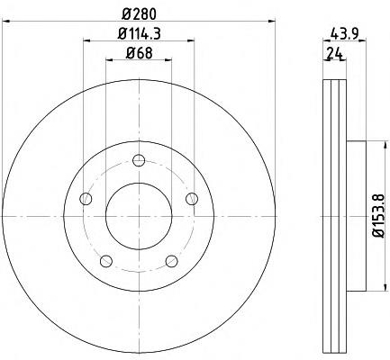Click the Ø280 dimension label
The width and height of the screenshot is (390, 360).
139,13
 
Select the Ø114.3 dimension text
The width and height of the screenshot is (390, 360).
140,33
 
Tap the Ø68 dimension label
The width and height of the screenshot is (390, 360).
139,53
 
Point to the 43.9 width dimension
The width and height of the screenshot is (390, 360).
344,33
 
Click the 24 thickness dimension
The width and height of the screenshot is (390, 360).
335,53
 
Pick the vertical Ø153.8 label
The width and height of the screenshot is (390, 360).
378,215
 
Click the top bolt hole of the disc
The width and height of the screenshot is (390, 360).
139,160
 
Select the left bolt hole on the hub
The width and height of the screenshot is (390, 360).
86,199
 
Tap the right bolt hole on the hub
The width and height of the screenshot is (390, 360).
192,199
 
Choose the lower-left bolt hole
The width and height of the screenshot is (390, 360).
106,261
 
